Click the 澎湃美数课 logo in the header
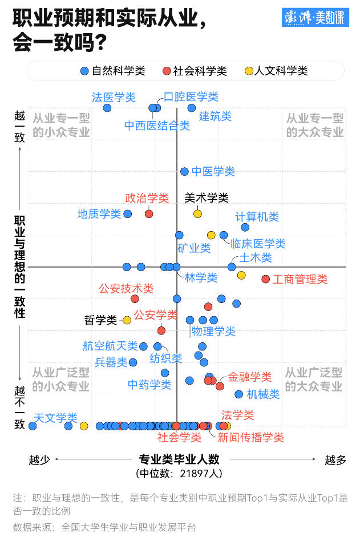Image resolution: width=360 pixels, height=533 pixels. (x=315, y=18)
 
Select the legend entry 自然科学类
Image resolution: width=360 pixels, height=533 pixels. (x=112, y=71)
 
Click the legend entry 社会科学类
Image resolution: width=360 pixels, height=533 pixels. (x=195, y=71)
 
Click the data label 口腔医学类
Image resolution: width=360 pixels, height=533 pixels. (x=191, y=97)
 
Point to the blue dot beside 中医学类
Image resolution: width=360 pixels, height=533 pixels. (x=184, y=171)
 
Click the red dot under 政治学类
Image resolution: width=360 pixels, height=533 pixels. (x=149, y=213)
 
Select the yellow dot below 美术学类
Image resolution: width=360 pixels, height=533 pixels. (x=197, y=213)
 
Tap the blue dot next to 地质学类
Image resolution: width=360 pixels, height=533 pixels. (x=128, y=213)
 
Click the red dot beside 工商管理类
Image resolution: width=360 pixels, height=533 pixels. (x=265, y=278)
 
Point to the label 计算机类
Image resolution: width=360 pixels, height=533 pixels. (x=257, y=217)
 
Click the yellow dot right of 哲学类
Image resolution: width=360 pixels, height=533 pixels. (x=127, y=320)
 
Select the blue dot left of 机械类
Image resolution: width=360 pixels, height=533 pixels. (x=239, y=394)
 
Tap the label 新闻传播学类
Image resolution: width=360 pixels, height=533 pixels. (x=250, y=438)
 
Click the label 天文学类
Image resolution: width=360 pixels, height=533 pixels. (x=55, y=418)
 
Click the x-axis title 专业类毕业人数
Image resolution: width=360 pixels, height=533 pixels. (x=179, y=459)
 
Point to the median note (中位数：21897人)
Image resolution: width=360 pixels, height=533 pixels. (x=179, y=473)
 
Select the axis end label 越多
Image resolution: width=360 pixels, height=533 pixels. (x=335, y=460)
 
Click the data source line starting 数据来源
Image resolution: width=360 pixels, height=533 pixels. (x=104, y=527)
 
